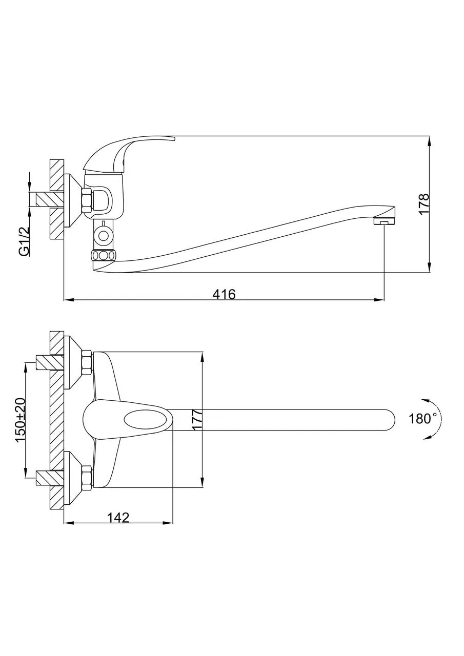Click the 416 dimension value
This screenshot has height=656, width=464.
(224, 294)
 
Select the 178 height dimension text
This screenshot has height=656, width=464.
(423, 204)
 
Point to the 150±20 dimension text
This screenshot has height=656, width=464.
(20, 420)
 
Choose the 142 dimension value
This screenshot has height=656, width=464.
(118, 518)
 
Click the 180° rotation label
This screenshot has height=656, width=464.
(423, 419)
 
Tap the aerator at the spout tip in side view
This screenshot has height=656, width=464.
(385, 221)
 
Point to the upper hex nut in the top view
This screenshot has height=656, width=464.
(87, 362)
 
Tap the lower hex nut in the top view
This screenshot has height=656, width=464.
(87, 477)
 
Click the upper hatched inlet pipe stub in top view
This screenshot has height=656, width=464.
(49, 362)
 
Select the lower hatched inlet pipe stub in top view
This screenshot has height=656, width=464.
(49, 478)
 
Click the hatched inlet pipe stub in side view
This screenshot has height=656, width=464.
(47, 199)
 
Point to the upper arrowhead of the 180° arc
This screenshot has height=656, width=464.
(423, 401)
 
